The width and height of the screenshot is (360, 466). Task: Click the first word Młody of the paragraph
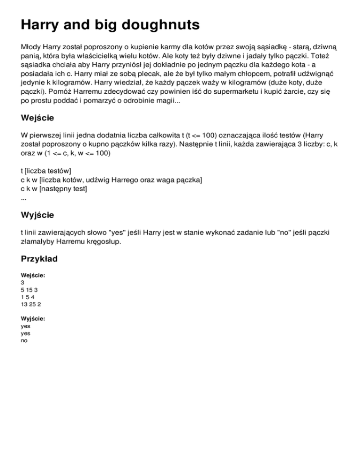tap(32, 48)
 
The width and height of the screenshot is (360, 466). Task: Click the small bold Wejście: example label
tap(33, 276)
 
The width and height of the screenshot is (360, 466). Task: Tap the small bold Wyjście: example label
tap(33, 318)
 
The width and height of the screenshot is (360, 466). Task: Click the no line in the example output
tap(24, 341)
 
